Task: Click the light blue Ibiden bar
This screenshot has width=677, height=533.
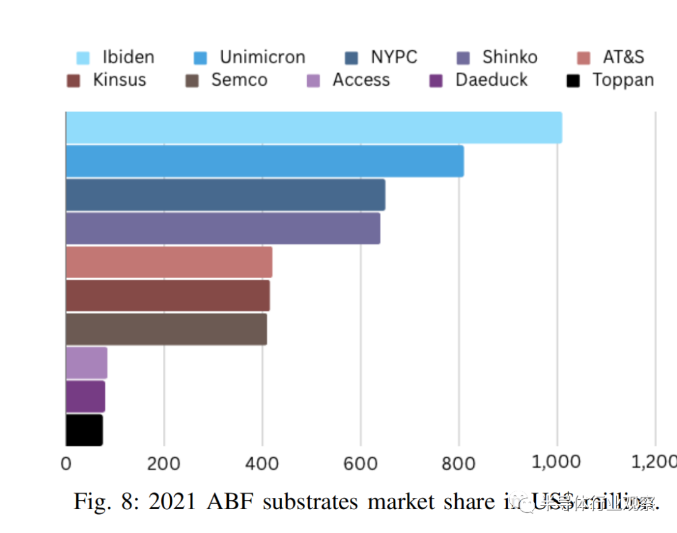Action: pos(313,128)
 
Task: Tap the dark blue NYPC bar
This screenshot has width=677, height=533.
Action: pos(226,195)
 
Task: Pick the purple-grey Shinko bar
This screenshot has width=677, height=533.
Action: pos(223,229)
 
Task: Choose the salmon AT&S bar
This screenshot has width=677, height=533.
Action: pos(169,262)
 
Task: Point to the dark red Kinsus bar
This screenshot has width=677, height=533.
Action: pos(167,296)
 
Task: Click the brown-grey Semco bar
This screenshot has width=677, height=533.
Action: pos(166,329)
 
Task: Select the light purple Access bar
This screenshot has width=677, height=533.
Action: pos(87,363)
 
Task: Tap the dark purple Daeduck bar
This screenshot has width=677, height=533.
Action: pos(85,396)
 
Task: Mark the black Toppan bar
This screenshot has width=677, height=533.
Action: pos(84,430)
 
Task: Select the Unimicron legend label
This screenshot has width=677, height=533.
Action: pos(262,58)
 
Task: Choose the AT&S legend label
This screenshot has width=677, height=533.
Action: pos(623,58)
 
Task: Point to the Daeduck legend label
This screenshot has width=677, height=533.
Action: pos(491,80)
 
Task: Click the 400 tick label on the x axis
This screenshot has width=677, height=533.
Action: pos(262,463)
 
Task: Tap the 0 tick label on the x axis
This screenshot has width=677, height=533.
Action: pos(66,463)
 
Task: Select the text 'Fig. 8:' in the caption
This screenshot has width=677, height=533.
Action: pos(106,502)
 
